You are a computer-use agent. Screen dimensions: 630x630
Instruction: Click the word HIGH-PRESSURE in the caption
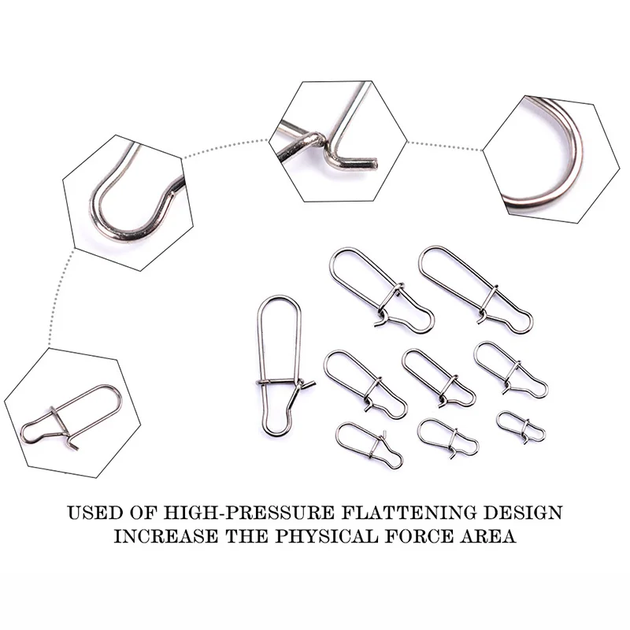pyautogui.click(x=249, y=513)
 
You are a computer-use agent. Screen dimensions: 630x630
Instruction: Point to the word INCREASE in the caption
pyautogui.click(x=166, y=536)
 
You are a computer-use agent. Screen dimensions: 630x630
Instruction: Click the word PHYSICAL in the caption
pyautogui.click(x=326, y=536)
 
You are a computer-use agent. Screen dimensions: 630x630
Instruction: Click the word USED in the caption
pyautogui.click(x=94, y=513)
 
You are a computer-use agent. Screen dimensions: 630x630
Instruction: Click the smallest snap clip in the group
pyautogui.click(x=521, y=427)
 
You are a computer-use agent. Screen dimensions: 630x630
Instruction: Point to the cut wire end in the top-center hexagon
pyautogui.click(x=373, y=163)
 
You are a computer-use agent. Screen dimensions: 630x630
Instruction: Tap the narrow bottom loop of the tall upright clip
pyautogui.click(x=277, y=435)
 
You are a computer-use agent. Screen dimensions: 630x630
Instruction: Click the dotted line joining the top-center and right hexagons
pyautogui.click(x=444, y=146)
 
